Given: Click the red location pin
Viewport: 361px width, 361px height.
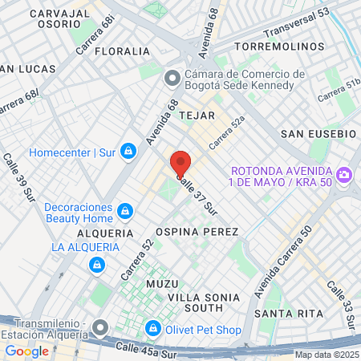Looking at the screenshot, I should pyautogui.click(x=180, y=163).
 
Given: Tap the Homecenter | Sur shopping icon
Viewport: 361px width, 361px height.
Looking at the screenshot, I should pyautogui.click(x=128, y=151).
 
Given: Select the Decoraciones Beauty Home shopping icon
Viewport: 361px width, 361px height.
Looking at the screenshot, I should pyautogui.click(x=124, y=211).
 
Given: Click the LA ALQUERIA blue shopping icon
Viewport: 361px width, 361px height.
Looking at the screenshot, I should pyautogui.click(x=96, y=263).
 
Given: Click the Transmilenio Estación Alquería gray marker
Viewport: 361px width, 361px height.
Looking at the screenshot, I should pyautogui.click(x=99, y=327).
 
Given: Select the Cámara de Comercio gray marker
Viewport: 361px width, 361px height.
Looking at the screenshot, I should pyautogui.click(x=171, y=79).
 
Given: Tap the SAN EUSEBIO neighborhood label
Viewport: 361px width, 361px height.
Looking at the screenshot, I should pyautogui.click(x=318, y=132).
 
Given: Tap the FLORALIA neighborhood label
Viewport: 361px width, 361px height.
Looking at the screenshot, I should pyautogui.click(x=122, y=51).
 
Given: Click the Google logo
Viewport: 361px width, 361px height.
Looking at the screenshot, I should pyautogui.click(x=26, y=351).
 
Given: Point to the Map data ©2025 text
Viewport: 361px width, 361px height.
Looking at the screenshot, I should pyautogui.click(x=327, y=355).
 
